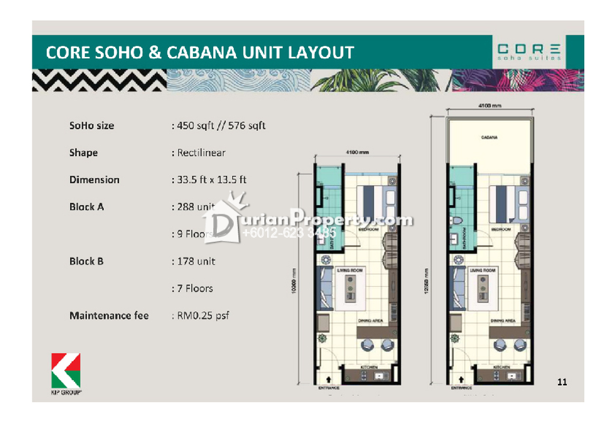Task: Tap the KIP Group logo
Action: [66, 373]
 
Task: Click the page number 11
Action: [562, 382]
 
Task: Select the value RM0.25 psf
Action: [203, 316]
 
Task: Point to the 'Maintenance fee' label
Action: [109, 316]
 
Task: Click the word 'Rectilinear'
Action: [201, 153]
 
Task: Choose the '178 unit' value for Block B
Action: [196, 262]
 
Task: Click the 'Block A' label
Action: [86, 207]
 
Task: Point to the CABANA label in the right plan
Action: [489, 137]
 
